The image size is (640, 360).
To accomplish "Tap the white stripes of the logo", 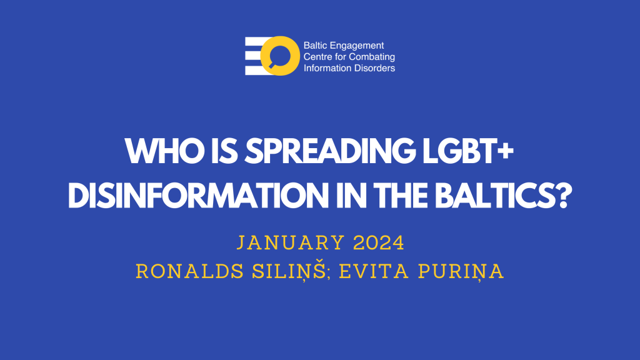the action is pyautogui.click(x=254, y=56).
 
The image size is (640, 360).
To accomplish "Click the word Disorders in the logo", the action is pyautogui.click(x=374, y=67).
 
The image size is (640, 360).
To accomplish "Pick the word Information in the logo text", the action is pyautogui.click(x=326, y=67).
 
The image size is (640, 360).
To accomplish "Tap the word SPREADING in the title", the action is pyautogui.click(x=329, y=151).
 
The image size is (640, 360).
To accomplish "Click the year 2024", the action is pyautogui.click(x=378, y=243).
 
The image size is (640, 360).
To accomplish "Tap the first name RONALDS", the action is pyautogui.click(x=190, y=272).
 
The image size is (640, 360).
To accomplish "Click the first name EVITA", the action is pyautogui.click(x=374, y=272).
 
